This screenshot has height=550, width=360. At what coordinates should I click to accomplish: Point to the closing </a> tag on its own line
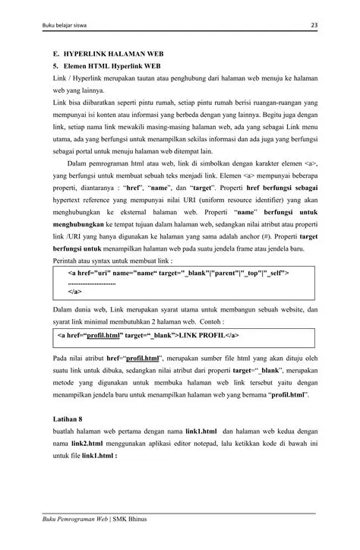click(75, 291)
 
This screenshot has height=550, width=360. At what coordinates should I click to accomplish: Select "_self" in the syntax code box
click(276, 271)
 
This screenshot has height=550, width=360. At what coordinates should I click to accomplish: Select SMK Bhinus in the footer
click(134, 519)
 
